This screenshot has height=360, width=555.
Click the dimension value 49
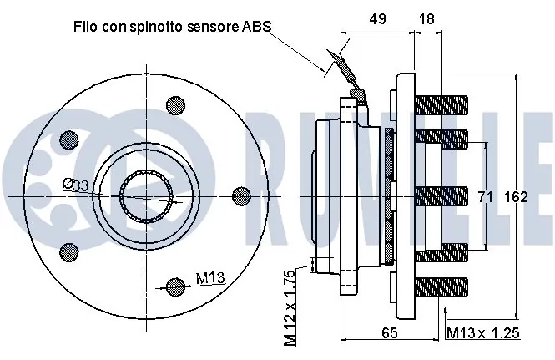pos(378,18)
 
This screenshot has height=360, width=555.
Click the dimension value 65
pos(390,332)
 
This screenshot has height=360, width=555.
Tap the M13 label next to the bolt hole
pos(211,278)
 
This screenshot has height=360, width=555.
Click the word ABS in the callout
pos(257,28)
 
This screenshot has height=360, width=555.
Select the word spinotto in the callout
pos(169,28)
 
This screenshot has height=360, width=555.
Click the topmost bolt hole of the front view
pos(175,104)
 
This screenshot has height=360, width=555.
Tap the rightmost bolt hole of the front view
pos(240,195)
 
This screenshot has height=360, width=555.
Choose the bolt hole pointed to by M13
pos(175,286)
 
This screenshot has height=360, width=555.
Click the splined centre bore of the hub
pos(147,196)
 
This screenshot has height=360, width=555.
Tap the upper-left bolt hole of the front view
pos(69,139)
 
